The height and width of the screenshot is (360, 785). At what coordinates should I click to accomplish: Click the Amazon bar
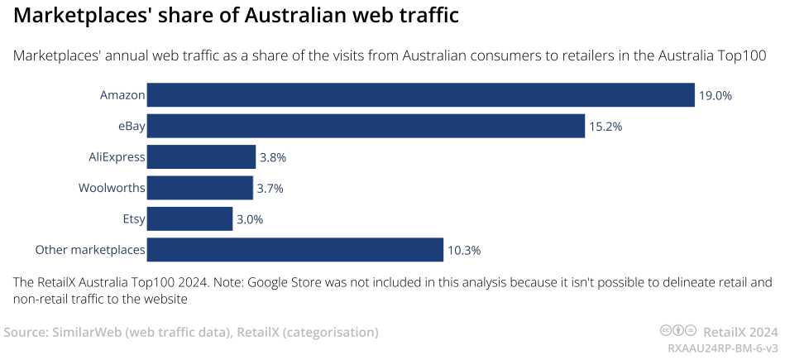pos(420,95)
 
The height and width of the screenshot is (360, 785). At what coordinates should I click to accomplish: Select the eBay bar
pos(366,126)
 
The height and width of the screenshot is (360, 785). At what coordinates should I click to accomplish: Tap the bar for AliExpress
pos(201,157)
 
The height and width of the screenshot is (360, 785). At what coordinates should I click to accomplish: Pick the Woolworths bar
pos(199,188)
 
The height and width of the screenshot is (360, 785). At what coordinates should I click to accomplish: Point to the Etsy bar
pos(189,218)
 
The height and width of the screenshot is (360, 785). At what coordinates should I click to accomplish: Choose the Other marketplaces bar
pos(295,250)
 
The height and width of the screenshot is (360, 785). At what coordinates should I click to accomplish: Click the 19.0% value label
pos(716,96)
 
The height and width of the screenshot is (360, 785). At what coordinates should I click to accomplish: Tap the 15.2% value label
pos(606,127)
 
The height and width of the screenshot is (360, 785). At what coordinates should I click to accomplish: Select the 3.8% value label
pos(273,157)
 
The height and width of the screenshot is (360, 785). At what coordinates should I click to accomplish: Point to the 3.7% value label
pos(270,188)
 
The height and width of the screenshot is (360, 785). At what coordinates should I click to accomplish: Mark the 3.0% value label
pos(250,219)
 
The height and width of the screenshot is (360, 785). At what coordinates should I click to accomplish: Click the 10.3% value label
pos(464,250)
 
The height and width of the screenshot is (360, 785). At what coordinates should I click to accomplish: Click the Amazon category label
pos(122,95)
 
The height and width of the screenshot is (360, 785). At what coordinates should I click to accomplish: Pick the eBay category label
pos(132,127)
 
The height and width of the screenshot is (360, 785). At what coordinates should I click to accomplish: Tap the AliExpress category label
pos(117,157)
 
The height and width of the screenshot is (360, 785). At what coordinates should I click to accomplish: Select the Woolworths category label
pos(112,188)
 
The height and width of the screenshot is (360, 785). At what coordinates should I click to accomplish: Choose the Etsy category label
pos(133,218)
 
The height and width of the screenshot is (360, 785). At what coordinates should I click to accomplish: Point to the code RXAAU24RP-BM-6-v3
pos(723,348)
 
